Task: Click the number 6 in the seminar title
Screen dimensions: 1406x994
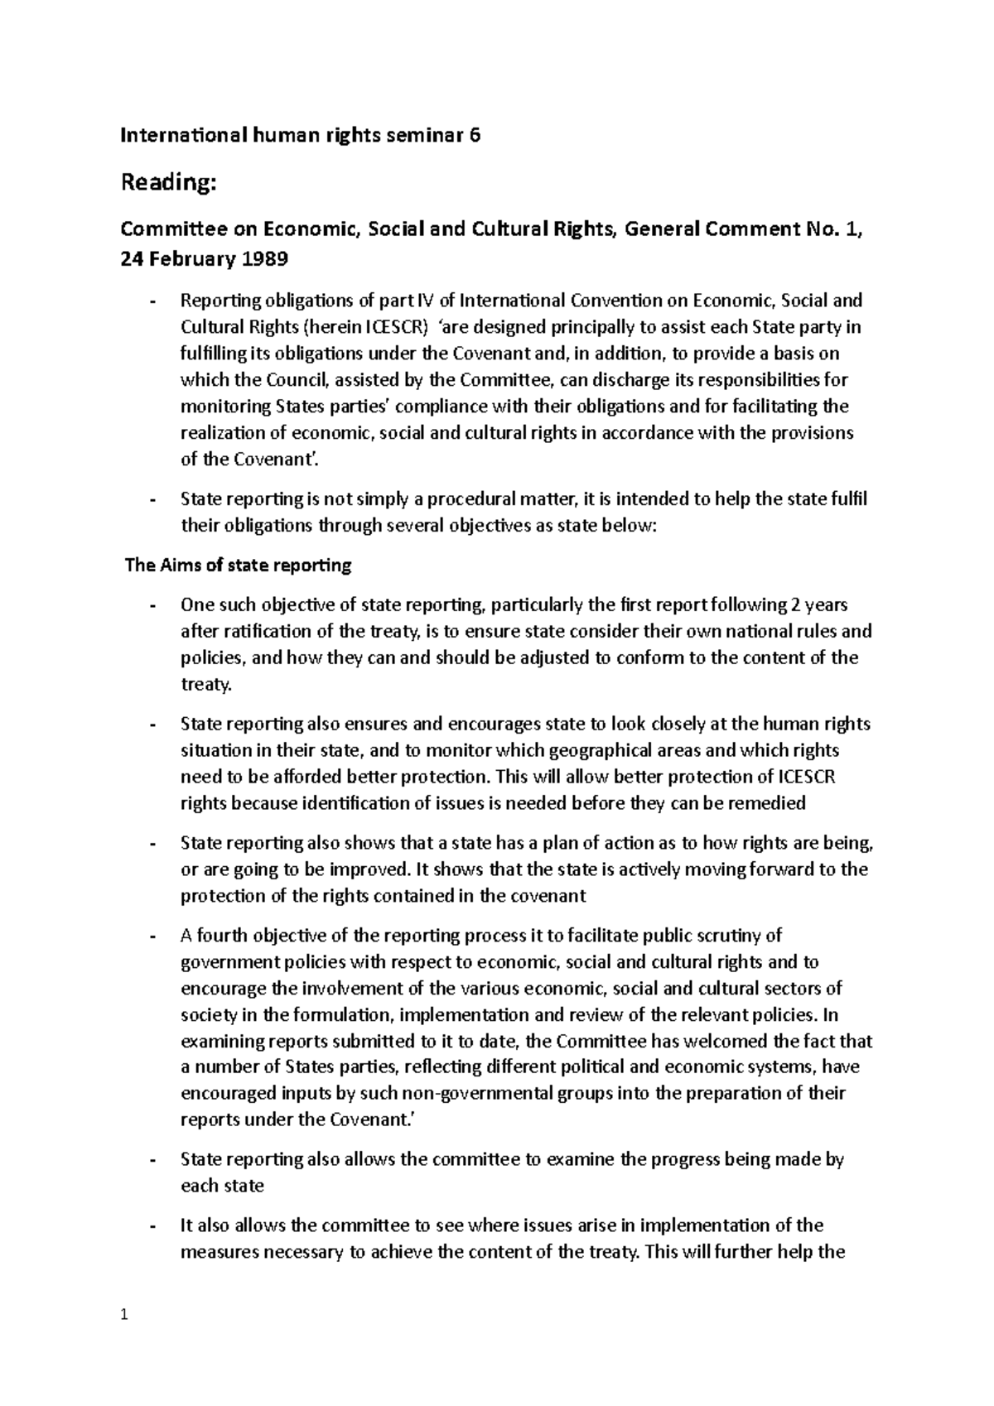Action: [x=475, y=136]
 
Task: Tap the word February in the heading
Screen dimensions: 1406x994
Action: [x=190, y=259]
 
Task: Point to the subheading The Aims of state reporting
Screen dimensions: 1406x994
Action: [x=238, y=566]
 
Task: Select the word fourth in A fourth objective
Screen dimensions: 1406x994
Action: [x=220, y=936]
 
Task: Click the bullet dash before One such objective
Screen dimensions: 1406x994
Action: [x=152, y=605]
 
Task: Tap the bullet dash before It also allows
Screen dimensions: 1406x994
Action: [x=152, y=1225]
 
